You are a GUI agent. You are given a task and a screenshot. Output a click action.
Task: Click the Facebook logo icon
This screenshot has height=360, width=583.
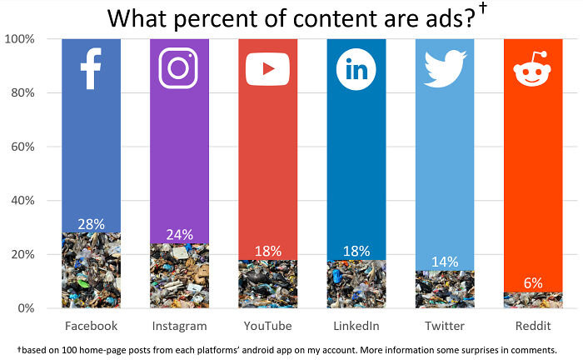(91, 68)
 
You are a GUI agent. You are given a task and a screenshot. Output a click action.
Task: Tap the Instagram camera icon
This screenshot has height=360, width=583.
(179, 68)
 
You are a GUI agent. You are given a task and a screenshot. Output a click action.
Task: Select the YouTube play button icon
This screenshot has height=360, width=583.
(267, 69)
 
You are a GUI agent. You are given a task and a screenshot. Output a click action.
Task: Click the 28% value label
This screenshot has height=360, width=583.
(91, 224)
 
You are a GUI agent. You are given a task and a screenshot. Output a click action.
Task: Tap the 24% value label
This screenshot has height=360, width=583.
(179, 235)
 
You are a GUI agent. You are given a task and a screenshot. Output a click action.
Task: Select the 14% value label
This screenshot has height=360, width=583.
(444, 262)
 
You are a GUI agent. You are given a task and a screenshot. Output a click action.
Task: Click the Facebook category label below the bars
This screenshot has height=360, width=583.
(91, 326)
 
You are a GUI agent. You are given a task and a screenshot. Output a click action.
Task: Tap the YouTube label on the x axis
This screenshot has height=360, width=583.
(267, 326)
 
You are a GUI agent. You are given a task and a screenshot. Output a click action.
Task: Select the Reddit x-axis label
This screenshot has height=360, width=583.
(532, 326)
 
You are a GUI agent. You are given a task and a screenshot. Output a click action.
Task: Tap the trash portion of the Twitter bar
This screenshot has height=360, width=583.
(444, 289)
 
